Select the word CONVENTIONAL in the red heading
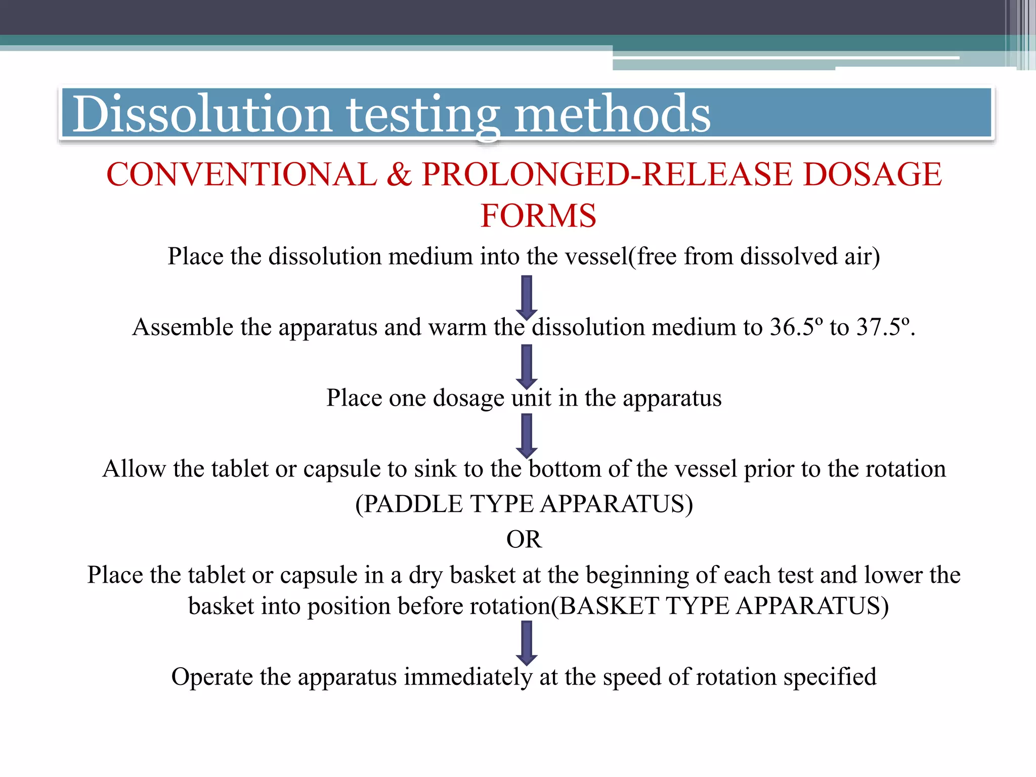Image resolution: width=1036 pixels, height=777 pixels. tap(242, 175)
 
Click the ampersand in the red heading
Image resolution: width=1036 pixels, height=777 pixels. tap(400, 175)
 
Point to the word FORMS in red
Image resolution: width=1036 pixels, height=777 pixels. tap(538, 216)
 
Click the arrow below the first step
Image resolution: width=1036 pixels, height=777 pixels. tap(527, 297)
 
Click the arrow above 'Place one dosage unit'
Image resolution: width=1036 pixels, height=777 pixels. tap(527, 367)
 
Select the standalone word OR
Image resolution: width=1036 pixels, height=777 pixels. tap(524, 539)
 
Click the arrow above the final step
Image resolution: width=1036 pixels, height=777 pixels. tap(527, 643)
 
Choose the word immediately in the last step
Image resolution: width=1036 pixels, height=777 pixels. tap(468, 677)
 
